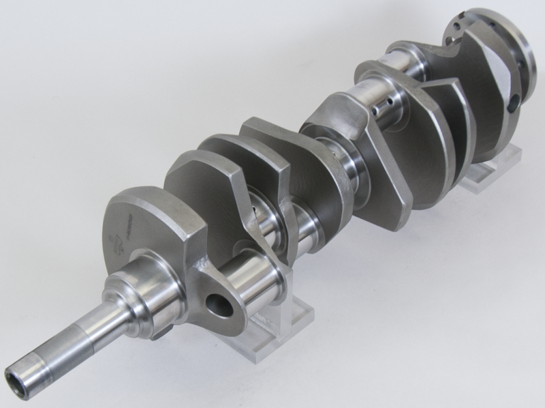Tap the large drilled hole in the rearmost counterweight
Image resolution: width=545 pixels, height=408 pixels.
pos(513,103)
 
